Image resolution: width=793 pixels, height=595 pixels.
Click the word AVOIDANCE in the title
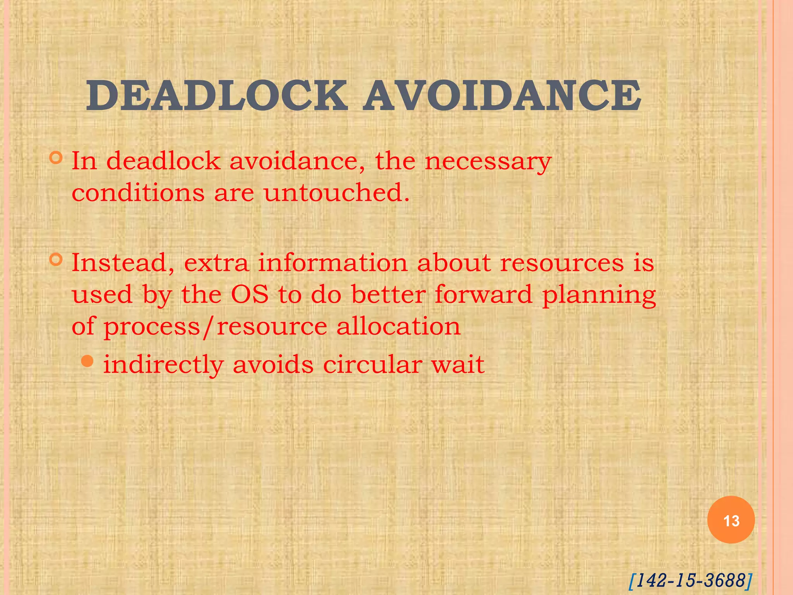[x=502, y=96]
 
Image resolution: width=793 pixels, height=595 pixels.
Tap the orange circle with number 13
[x=731, y=520]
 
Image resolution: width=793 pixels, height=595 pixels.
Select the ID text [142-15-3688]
[x=690, y=580]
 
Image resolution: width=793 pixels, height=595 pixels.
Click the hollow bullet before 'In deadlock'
[x=56, y=158]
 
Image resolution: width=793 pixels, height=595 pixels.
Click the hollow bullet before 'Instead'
[x=56, y=260]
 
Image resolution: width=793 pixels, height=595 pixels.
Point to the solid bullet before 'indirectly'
[x=88, y=361]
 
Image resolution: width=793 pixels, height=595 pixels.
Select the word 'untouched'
[x=336, y=193]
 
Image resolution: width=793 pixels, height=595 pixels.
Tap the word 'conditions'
[x=138, y=193]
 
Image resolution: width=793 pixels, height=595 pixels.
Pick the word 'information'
[x=333, y=263]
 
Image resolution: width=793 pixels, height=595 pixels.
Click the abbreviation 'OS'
[x=250, y=295]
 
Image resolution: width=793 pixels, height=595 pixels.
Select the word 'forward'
[x=483, y=295]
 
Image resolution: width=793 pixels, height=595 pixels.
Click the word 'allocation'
[x=398, y=327]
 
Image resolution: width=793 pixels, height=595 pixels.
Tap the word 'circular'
[x=372, y=365]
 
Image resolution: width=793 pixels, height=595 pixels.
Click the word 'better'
[x=388, y=295]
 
